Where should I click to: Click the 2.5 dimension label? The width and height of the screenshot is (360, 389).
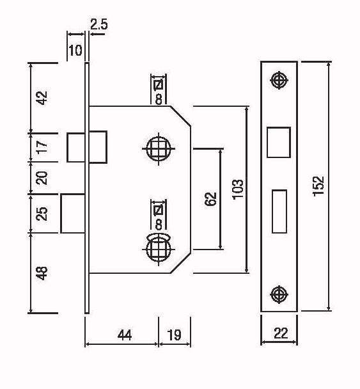[x=99, y=24]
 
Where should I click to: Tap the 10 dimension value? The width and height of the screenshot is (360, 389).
[x=75, y=51]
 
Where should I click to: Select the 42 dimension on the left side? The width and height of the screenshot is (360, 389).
[x=42, y=98]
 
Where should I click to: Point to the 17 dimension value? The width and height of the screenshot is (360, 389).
[x=42, y=147]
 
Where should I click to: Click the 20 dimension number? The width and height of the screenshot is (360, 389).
[x=42, y=178]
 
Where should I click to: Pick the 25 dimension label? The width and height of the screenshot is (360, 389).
[x=42, y=213]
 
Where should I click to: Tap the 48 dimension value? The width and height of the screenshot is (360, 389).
[x=42, y=273]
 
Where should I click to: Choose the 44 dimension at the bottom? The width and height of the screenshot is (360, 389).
[x=125, y=335]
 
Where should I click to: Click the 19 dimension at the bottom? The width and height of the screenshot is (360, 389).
[x=175, y=335]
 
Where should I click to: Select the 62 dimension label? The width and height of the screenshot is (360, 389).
[x=211, y=199]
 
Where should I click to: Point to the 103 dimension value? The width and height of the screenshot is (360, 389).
[x=238, y=189]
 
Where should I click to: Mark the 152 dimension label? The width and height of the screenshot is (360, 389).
[x=318, y=186]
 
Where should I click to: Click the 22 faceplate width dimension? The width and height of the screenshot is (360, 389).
[x=281, y=333]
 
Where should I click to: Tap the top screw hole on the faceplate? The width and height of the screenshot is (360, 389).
[x=279, y=80]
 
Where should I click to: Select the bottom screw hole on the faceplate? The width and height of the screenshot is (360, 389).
[x=279, y=294]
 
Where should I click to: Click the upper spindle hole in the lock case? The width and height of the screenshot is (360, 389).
[x=159, y=149]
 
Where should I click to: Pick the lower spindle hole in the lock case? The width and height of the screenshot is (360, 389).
[x=159, y=249]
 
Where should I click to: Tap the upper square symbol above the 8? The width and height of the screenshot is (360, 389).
[x=159, y=85]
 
